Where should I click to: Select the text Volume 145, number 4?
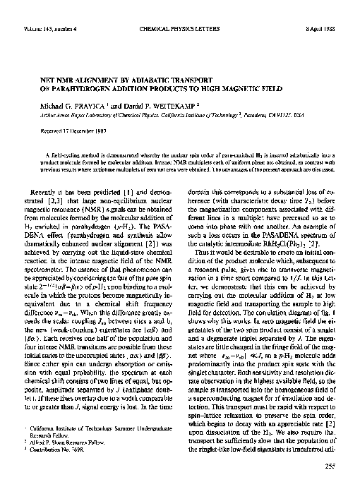point(44,9)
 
